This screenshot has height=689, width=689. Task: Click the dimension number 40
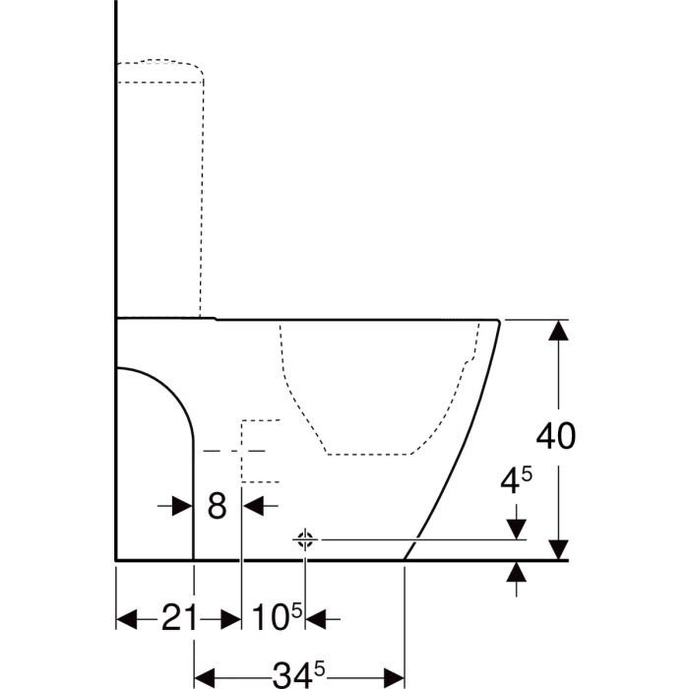[555, 436]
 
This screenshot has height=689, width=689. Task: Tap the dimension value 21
[180, 617]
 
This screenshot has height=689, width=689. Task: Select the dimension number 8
[217, 506]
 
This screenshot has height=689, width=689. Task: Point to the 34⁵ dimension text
[299, 672]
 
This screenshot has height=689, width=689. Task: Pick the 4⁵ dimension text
[517, 480]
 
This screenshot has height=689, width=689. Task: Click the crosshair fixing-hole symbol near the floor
[305, 539]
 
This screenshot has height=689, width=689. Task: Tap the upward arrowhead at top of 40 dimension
[558, 330]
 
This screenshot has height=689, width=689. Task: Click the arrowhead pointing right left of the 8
[182, 506]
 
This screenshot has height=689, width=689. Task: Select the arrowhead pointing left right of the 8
[253, 506]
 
